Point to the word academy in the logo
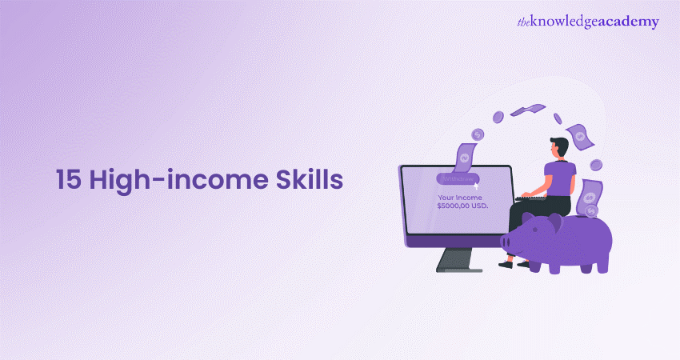(x=631, y=22)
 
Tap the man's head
(x=558, y=147)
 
